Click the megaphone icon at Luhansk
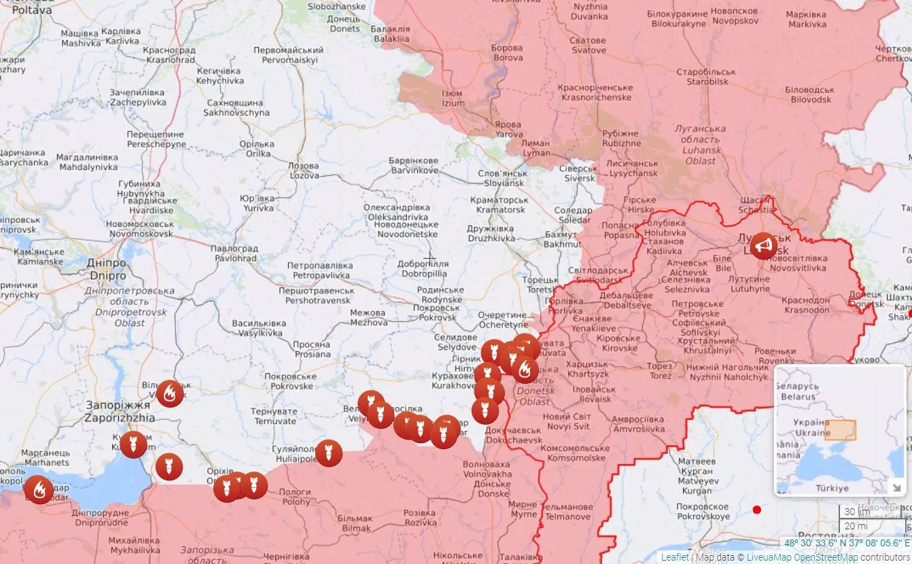click(765, 246)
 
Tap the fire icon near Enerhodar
click(39, 489)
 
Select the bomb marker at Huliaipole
click(328, 453)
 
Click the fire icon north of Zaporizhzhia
click(169, 393)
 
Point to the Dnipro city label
click(107, 270)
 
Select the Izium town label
click(453, 99)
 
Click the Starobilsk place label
click(711, 77)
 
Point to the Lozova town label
click(303, 171)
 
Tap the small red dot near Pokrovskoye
click(756, 510)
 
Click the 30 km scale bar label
click(854, 512)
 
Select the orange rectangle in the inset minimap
click(840, 430)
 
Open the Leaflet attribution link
click(675, 557)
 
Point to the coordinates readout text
click(846, 543)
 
